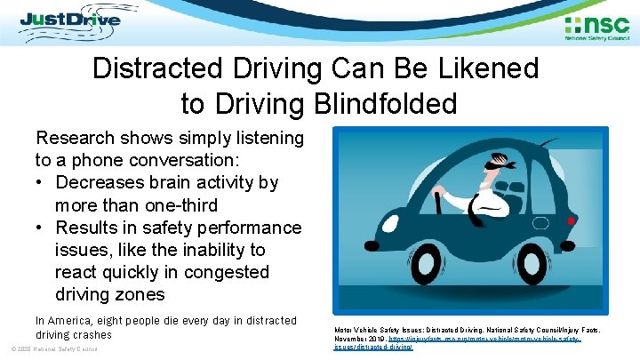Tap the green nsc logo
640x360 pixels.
click(x=596, y=26)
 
